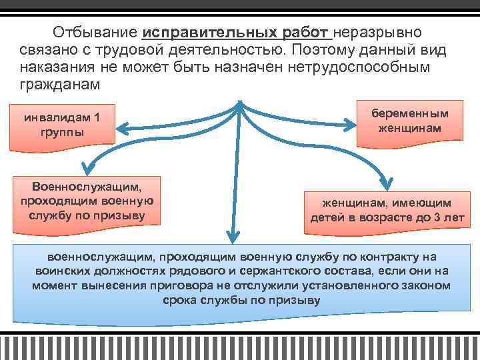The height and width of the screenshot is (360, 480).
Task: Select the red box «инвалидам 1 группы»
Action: click(x=62, y=125)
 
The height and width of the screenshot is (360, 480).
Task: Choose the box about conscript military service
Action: click(x=87, y=198)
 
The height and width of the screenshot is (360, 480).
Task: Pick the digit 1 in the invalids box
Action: click(x=97, y=118)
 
